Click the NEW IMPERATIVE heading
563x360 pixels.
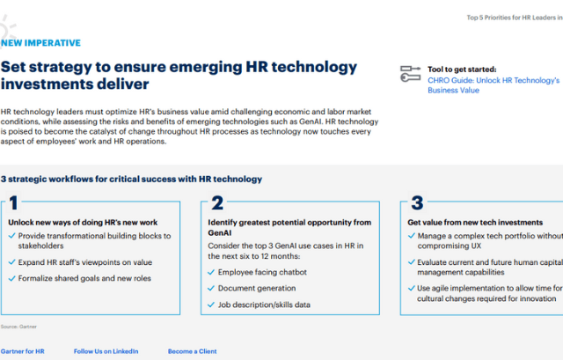coord(40,43)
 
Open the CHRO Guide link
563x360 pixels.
coord(494,85)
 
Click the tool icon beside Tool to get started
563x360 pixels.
coord(411,74)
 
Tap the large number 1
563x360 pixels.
coord(13,202)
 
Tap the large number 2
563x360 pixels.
coord(217,202)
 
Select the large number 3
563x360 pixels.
coord(417,202)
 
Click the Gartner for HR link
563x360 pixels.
coord(22,351)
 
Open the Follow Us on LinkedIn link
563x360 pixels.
coord(106,351)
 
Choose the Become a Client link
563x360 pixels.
coord(192,351)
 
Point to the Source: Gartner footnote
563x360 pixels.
coord(18,327)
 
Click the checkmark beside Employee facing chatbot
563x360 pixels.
coord(211,272)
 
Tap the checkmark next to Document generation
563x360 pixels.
coord(211,289)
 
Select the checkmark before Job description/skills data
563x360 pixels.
coord(211,305)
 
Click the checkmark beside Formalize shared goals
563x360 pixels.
coord(11,278)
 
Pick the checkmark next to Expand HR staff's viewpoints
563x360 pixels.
coord(11,262)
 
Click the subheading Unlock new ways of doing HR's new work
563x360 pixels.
coord(83,223)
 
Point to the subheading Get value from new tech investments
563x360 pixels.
coord(475,223)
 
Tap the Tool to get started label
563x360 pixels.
coord(462,70)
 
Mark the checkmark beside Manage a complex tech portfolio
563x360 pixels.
coord(412,236)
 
